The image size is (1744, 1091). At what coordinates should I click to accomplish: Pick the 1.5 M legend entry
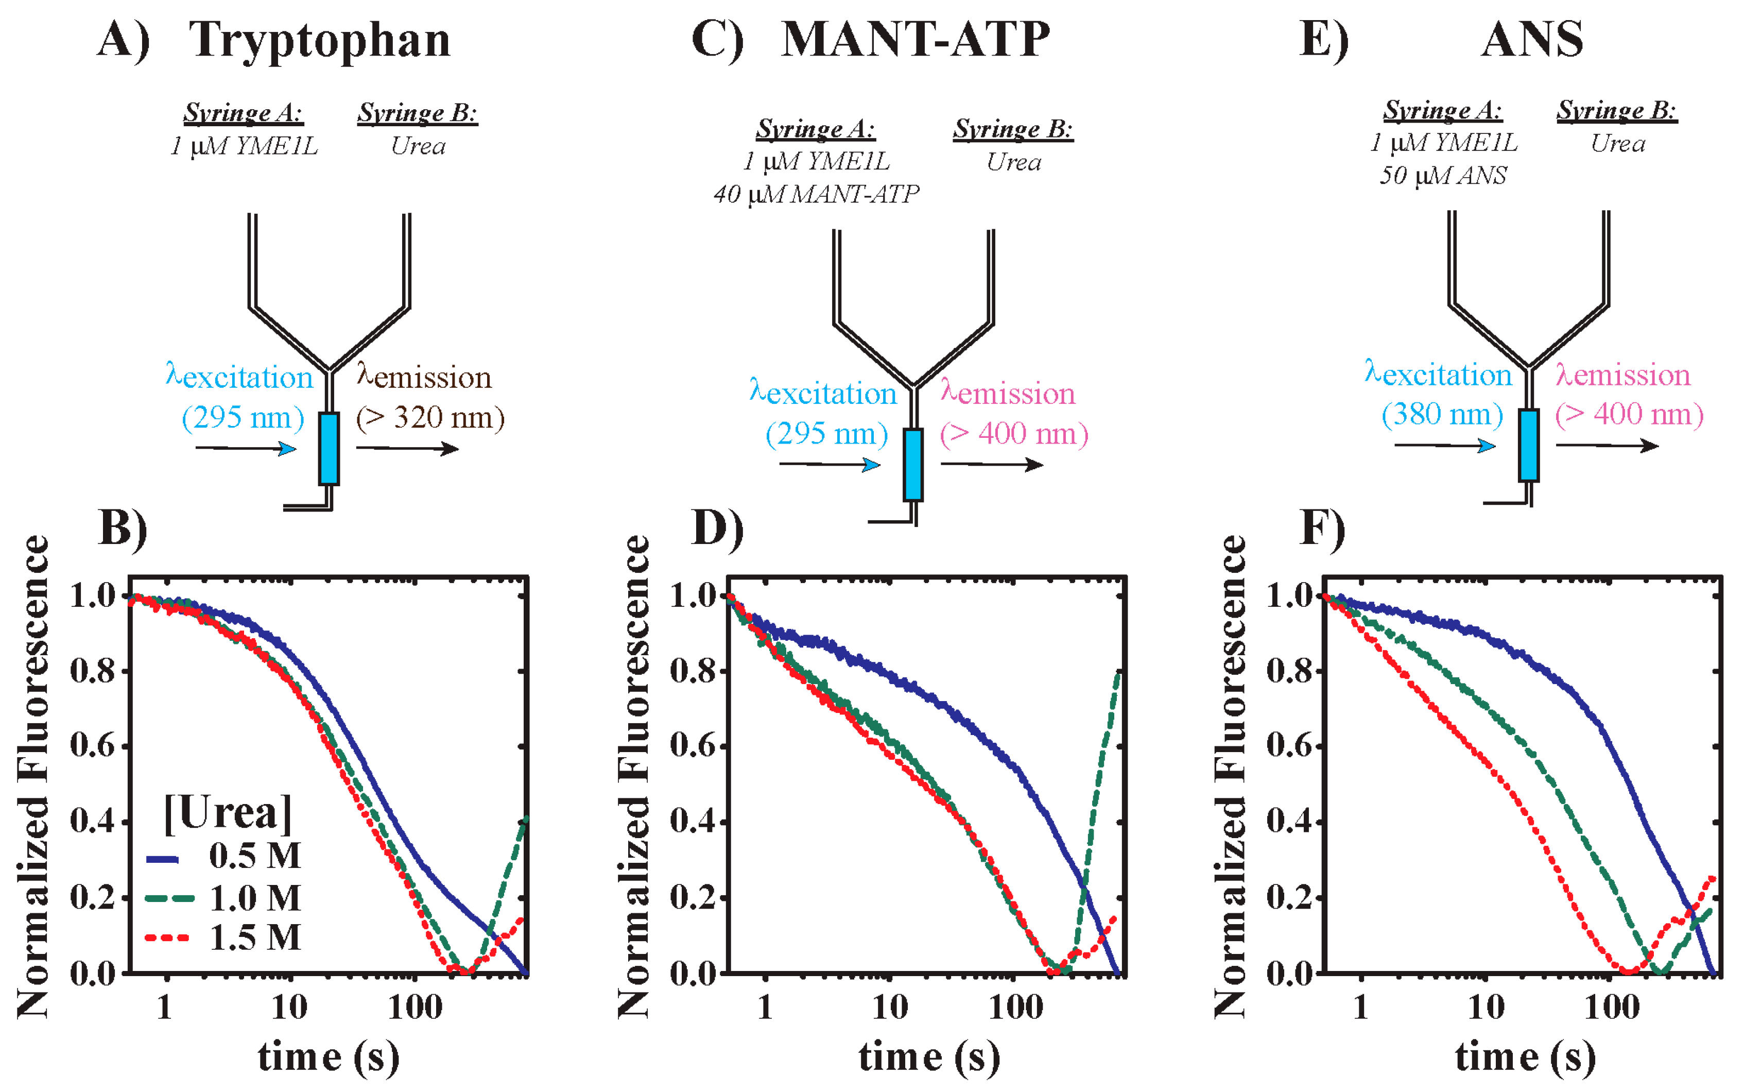coord(254,937)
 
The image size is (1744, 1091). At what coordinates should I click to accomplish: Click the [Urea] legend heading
coord(228,813)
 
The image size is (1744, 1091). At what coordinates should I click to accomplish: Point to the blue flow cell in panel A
coord(329,448)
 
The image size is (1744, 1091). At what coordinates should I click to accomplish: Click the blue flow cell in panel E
coord(1528,445)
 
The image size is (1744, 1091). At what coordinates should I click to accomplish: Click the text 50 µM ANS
coord(1443,175)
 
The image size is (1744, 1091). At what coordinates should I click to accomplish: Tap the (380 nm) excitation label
coord(1442,414)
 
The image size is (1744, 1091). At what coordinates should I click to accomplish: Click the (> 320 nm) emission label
coord(430,418)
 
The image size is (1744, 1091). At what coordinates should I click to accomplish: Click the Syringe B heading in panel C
coord(1013,129)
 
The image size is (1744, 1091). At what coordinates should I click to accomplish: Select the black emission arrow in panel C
coord(992,465)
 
